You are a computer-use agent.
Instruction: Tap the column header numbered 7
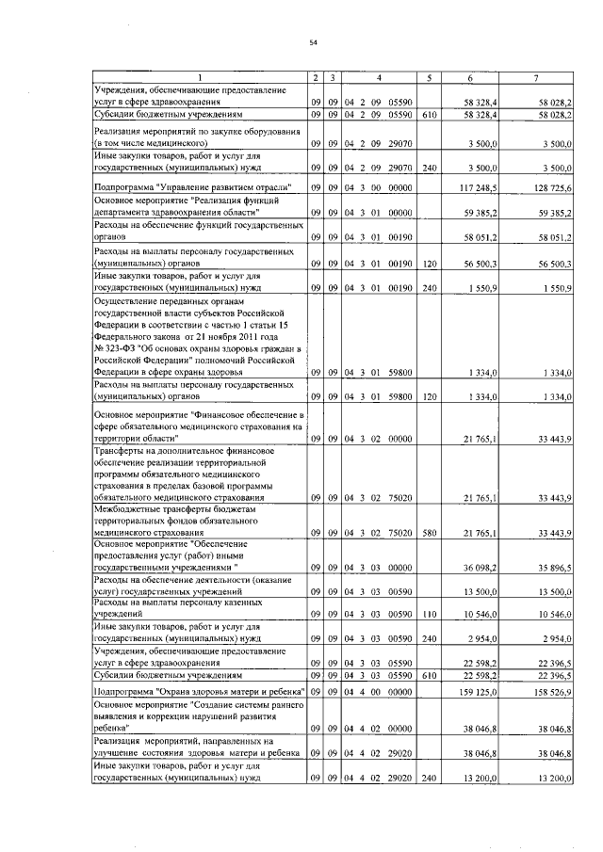coord(536,75)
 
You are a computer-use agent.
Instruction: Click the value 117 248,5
coord(481,188)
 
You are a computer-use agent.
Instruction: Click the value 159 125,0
coord(481,692)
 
